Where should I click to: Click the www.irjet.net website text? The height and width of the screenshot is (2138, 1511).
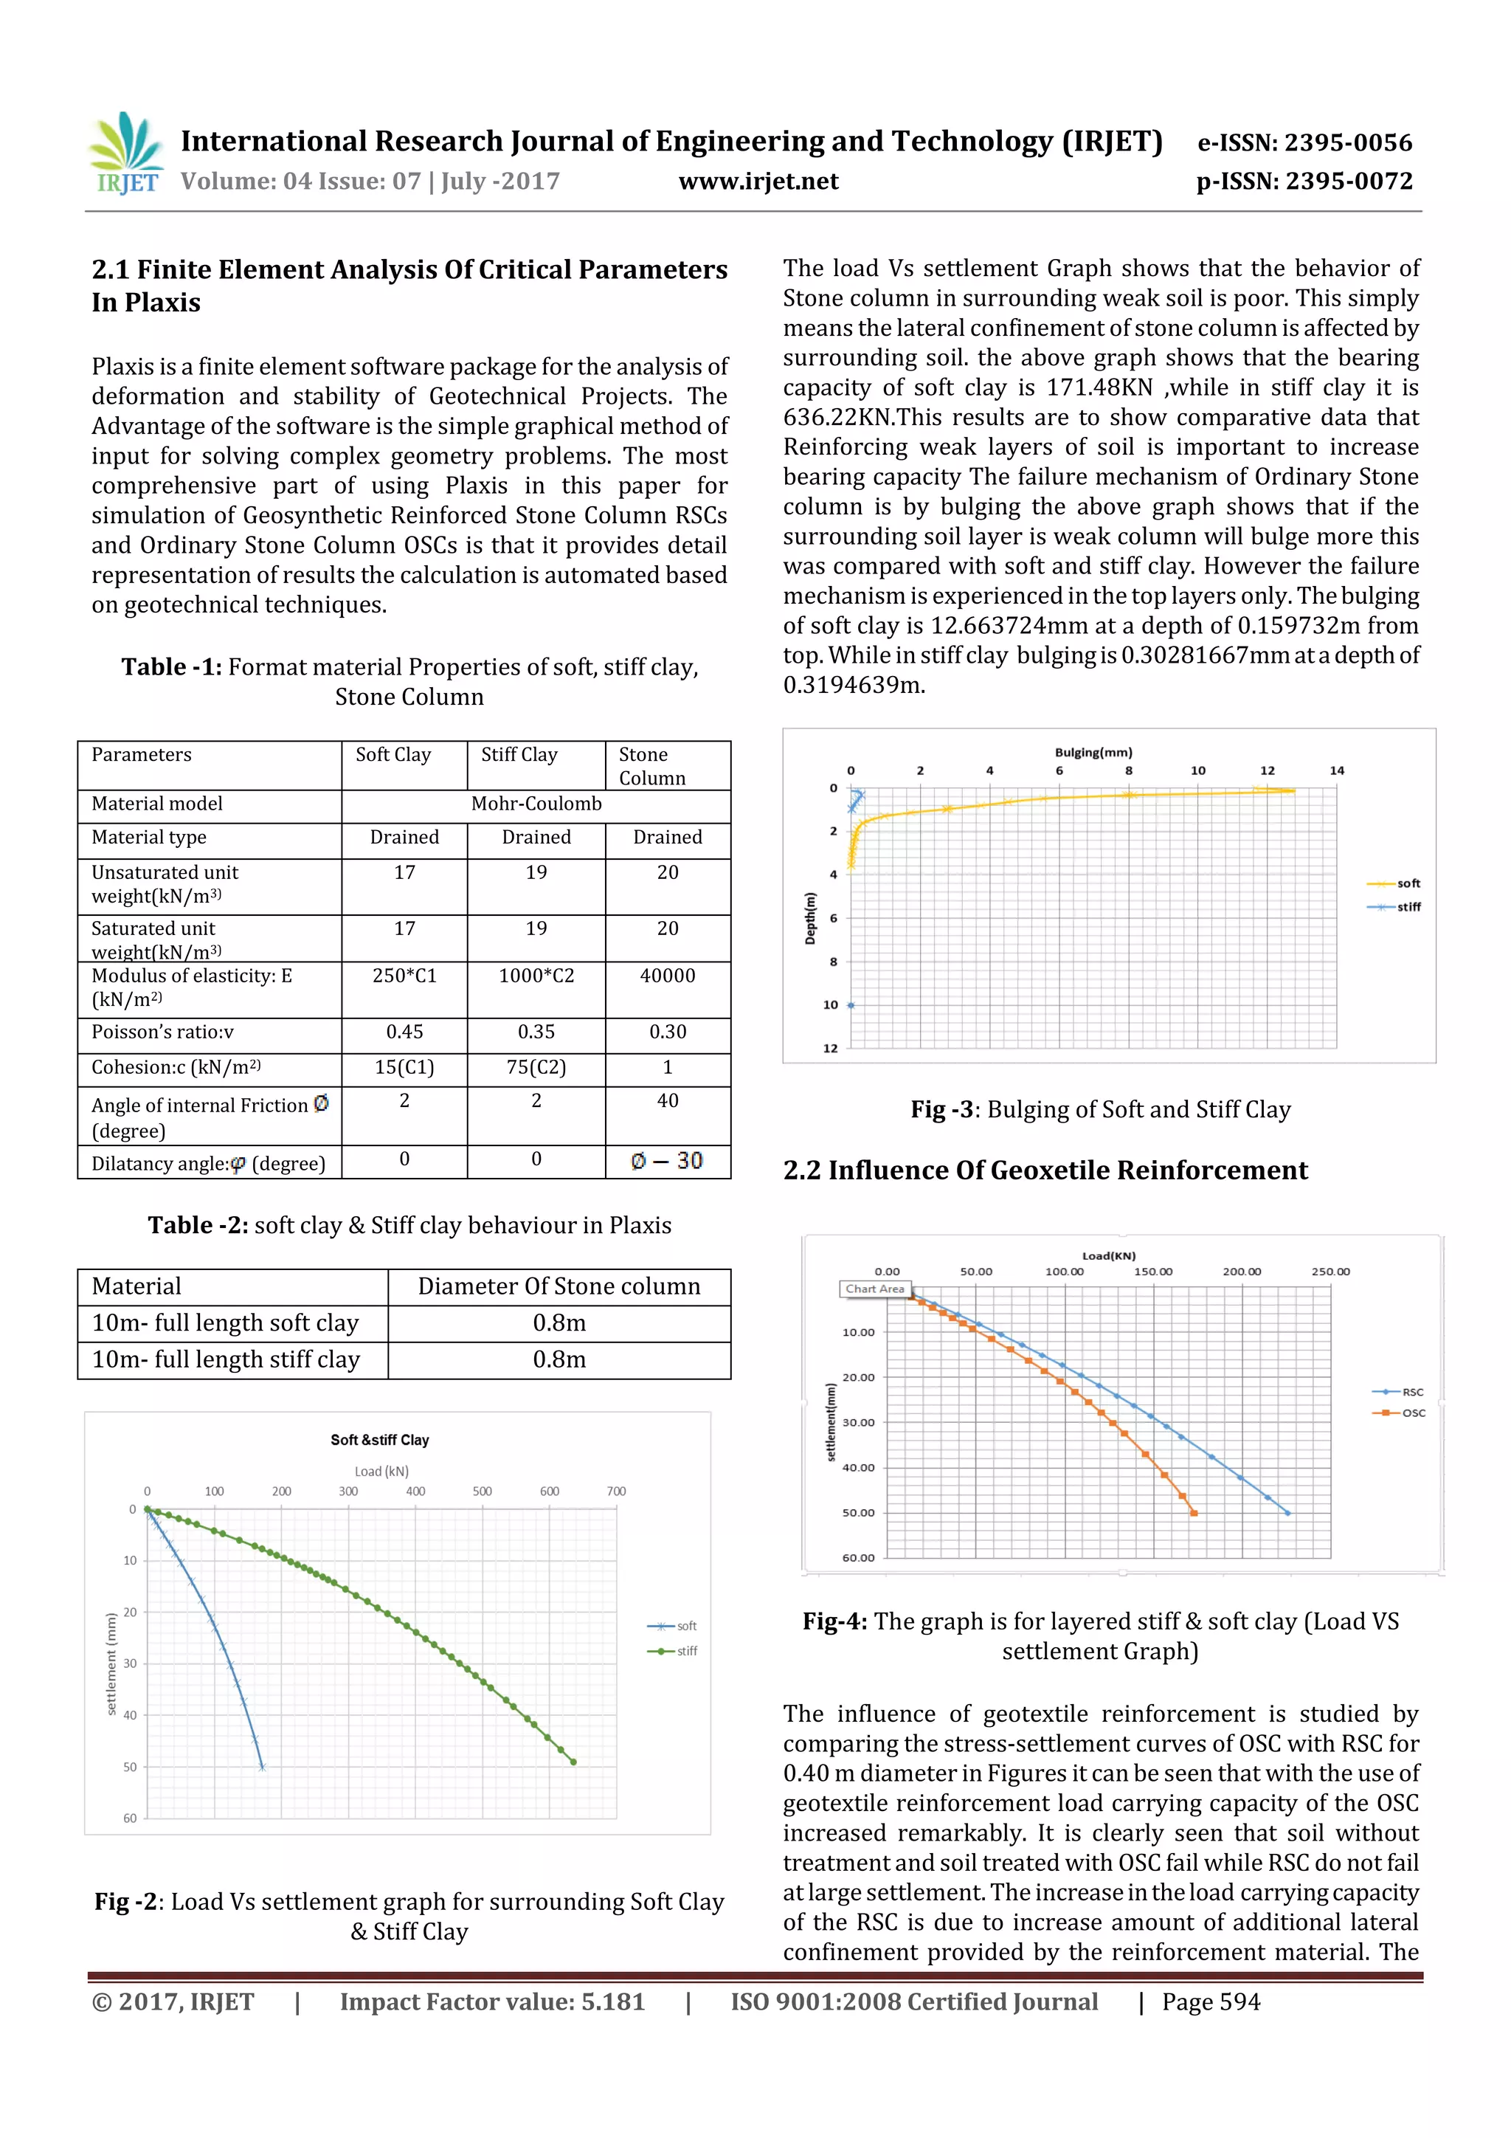click(758, 182)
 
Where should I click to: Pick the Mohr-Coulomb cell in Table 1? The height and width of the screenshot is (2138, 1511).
click(536, 804)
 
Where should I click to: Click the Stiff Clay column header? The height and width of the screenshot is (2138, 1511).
click(519, 754)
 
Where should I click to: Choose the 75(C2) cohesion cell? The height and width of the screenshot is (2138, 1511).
click(536, 1067)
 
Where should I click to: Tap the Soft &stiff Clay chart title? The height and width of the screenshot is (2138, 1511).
click(380, 1440)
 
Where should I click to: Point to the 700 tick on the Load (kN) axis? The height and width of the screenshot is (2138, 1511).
click(616, 1491)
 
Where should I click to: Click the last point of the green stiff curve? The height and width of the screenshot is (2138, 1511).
click(573, 1762)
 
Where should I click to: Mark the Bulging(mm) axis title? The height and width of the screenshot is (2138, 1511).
click(1093, 753)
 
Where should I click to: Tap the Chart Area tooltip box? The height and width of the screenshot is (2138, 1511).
click(874, 1289)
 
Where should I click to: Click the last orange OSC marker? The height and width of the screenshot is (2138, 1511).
click(1194, 1513)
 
